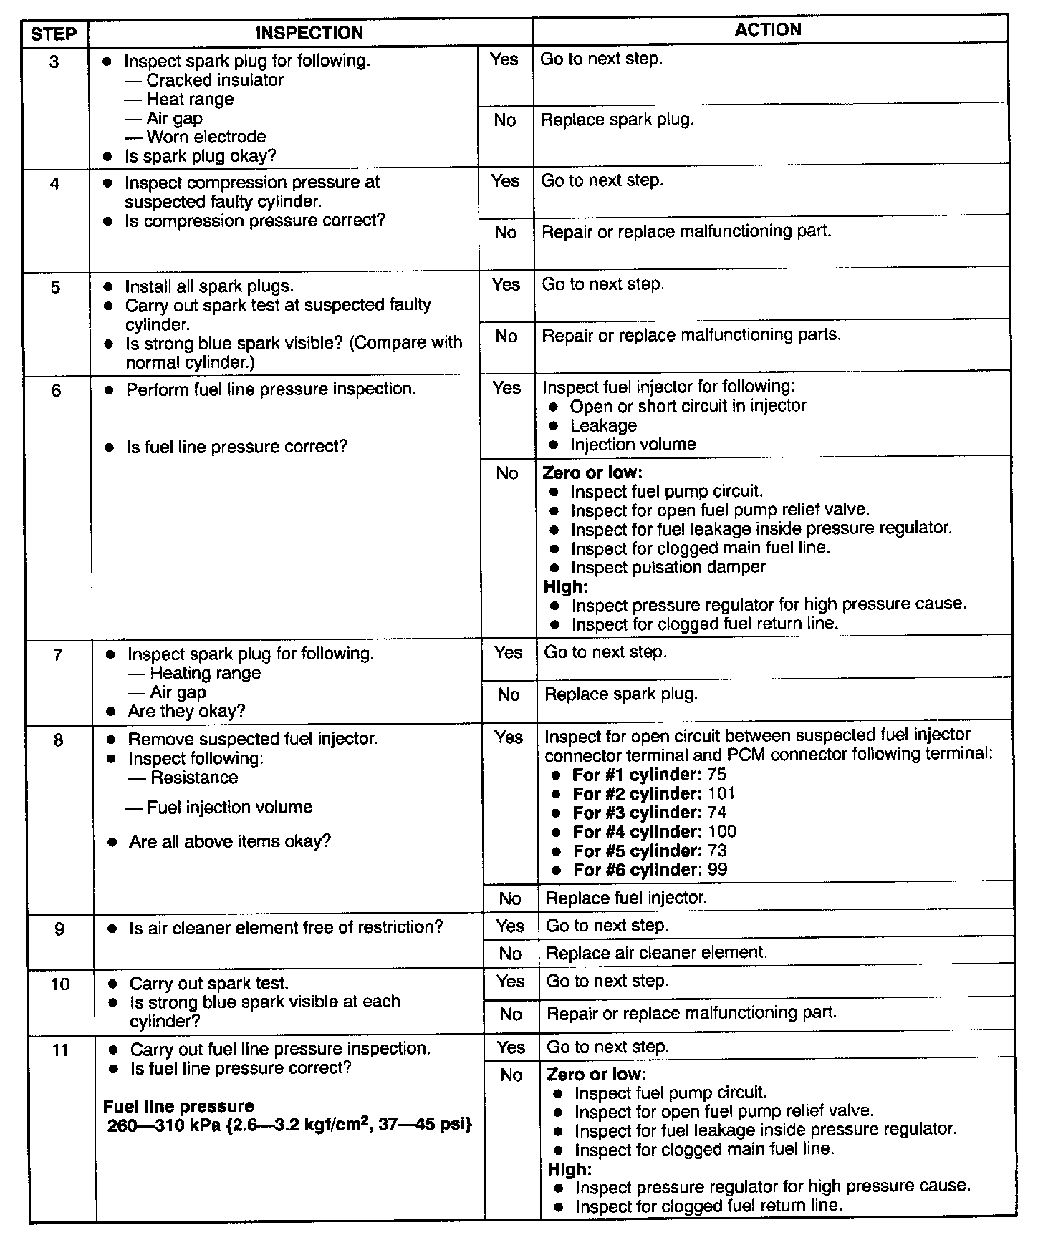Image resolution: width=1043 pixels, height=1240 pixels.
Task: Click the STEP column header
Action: click(x=54, y=34)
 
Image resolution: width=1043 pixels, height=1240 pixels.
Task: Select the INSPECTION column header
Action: click(x=309, y=33)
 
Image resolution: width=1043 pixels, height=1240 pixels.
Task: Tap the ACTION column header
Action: click(x=768, y=30)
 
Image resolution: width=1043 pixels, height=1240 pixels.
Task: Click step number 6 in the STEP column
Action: click(x=57, y=391)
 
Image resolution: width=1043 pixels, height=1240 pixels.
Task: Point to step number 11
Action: click(x=60, y=1050)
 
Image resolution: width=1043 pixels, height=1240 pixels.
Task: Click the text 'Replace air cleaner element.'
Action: click(x=656, y=953)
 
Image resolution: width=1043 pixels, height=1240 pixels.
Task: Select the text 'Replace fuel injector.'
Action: click(x=626, y=898)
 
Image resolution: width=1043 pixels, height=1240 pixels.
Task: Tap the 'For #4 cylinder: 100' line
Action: click(x=654, y=832)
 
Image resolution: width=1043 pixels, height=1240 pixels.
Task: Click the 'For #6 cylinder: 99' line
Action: click(x=650, y=870)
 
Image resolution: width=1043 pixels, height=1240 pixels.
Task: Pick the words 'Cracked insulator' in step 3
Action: click(x=214, y=80)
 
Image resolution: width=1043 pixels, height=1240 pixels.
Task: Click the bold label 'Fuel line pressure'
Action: click(x=179, y=1106)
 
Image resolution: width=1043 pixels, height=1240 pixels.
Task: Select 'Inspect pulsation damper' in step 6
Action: click(x=668, y=567)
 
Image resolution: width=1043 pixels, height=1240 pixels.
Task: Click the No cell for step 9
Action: click(x=510, y=954)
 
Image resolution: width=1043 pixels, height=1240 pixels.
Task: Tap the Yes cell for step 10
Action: click(x=510, y=982)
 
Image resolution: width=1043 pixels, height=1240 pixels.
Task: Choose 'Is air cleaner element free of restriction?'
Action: click(x=285, y=928)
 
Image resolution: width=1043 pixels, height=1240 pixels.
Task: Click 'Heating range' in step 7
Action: click(x=205, y=673)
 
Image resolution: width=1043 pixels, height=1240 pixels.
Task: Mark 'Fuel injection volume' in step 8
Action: click(x=229, y=808)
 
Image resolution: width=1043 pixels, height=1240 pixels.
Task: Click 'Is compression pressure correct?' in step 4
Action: click(x=254, y=221)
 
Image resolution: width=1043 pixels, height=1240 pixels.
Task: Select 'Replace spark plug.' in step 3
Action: click(x=617, y=120)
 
